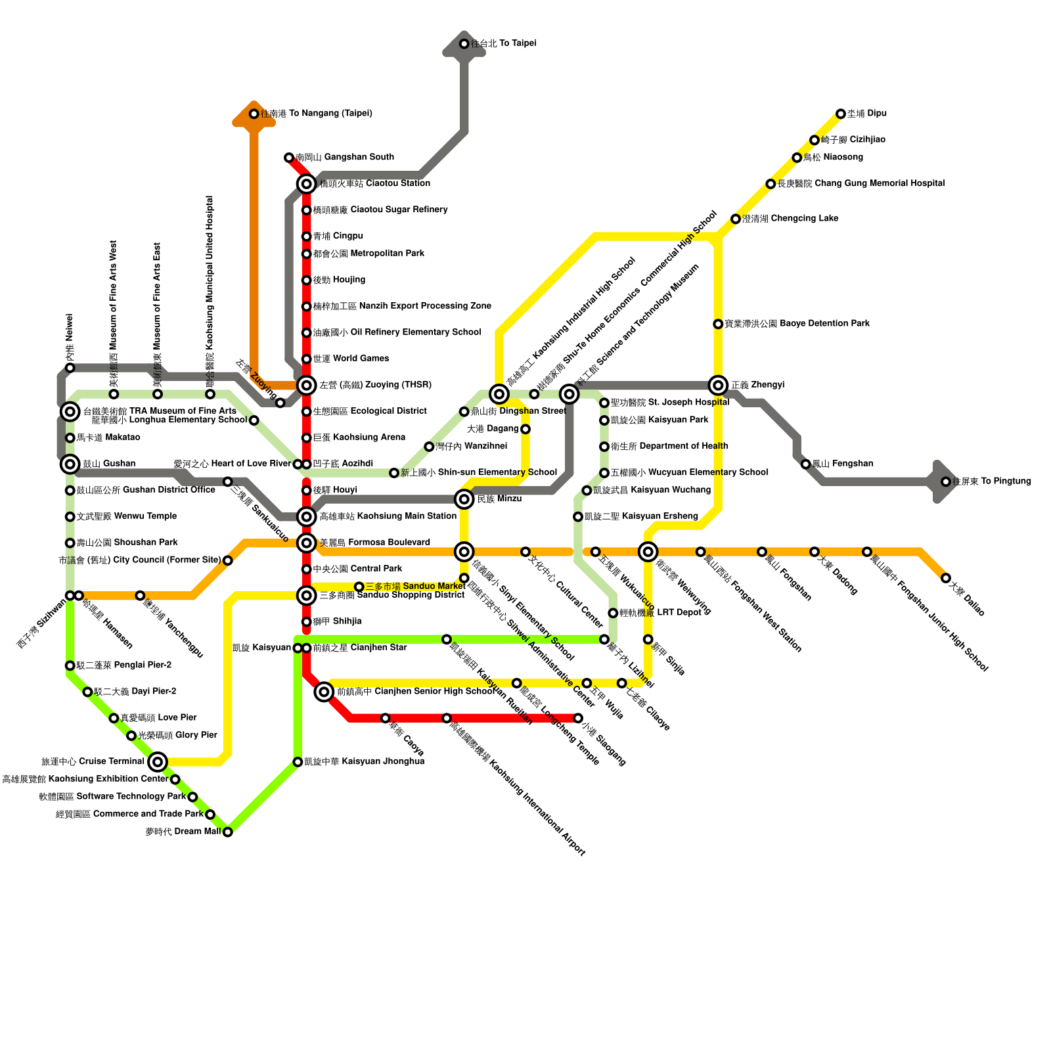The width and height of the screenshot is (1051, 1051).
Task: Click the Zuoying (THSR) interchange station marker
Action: pos(306,385)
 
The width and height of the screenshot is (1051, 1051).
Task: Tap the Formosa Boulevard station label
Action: pos(374,543)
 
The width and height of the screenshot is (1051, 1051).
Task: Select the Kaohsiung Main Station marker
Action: pos(306,516)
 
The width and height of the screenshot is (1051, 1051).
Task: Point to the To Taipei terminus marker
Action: pos(464,44)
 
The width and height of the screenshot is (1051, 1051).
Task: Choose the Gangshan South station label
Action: pos(344,157)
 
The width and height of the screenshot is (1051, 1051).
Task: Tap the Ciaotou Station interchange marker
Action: pos(306,183)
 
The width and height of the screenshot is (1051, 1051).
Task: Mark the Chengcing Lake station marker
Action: pos(736,219)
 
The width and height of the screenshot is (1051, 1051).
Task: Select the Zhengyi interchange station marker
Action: pos(718,385)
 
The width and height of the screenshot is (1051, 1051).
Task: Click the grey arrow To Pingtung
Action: pos(943,481)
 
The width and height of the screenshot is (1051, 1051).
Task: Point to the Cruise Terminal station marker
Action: pos(157,762)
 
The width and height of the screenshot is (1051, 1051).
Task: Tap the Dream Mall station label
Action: pos(183,832)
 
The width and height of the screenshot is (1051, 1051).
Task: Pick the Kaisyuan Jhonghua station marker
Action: pos(298,762)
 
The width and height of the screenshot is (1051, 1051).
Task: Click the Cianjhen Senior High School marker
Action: pos(323,692)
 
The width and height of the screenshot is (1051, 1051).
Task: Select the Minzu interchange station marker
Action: pos(464,499)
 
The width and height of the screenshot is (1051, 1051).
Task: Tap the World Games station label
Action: pos(351,359)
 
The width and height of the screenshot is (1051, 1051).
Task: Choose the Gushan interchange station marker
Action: pos(70,464)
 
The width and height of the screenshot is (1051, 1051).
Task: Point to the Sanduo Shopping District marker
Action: pos(306,596)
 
